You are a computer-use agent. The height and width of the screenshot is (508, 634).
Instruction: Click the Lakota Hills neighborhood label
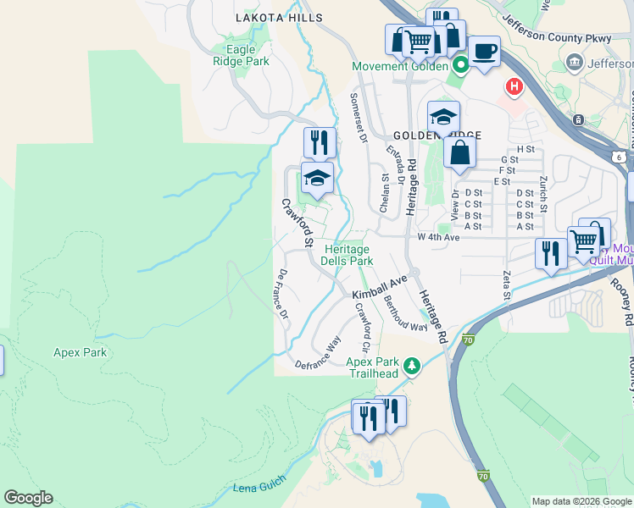point(280,17)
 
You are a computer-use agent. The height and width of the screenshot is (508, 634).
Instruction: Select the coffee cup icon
point(484,50)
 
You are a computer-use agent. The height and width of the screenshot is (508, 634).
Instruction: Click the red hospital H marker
point(513,86)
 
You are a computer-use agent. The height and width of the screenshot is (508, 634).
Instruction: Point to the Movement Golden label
point(400,66)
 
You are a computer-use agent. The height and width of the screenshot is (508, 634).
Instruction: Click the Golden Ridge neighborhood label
point(437,135)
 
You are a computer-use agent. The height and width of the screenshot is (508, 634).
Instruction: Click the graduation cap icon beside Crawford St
point(317,178)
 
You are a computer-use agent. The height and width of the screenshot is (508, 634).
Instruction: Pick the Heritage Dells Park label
point(348,255)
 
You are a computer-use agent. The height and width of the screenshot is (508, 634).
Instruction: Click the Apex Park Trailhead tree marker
point(412,366)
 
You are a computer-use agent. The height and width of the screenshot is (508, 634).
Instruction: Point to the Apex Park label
point(80,352)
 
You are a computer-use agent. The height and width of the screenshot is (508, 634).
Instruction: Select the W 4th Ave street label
point(438,238)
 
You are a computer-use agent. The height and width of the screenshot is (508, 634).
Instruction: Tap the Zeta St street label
point(507,285)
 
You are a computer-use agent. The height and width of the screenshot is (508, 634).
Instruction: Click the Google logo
point(28,498)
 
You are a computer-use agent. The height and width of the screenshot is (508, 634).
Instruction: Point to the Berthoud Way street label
point(405,314)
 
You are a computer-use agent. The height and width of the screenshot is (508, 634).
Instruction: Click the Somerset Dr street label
point(357,113)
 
